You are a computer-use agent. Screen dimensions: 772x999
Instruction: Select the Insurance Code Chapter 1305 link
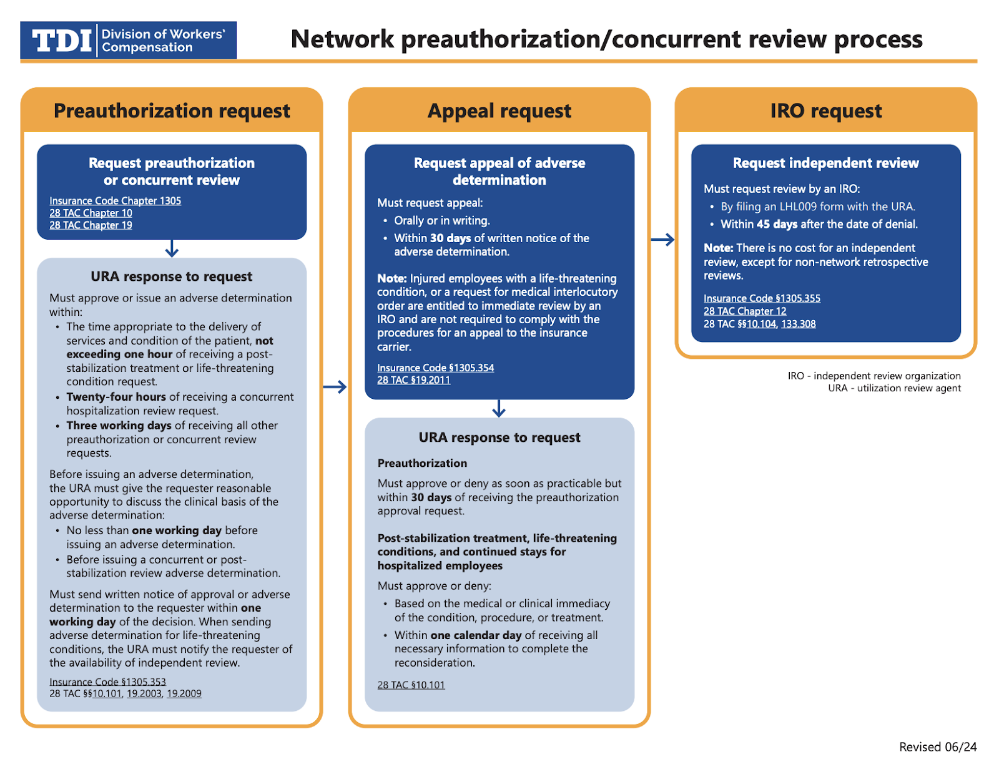pos(115,201)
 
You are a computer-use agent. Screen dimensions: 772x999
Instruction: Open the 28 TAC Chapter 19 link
pos(91,225)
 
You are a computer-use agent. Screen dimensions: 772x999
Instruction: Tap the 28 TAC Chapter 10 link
pos(91,213)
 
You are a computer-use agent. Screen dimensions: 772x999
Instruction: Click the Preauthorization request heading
pos(172,111)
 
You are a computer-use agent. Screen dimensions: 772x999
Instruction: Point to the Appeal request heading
pos(499,111)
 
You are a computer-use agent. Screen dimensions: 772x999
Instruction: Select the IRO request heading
pos(825,111)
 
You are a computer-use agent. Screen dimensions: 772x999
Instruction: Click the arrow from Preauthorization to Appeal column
pos(335,387)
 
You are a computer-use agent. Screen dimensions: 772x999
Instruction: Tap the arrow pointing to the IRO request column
pos(662,240)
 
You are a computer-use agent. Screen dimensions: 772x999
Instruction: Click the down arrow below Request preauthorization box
pos(172,249)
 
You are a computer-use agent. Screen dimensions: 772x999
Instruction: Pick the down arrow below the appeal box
pos(498,409)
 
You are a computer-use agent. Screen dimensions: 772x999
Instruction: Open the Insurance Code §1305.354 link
pos(435,368)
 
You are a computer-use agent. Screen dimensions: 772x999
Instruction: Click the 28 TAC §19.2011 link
pos(413,380)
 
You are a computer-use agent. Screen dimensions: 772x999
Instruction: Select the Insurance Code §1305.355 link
pos(762,298)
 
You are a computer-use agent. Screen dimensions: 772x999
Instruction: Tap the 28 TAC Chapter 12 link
pos(745,311)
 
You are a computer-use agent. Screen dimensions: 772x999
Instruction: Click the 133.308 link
pos(798,324)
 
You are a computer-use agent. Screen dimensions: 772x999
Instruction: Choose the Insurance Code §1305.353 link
pos(107,682)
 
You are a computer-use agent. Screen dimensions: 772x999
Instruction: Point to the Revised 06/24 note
pos(937,747)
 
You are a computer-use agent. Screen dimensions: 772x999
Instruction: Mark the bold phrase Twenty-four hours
pos(116,397)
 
